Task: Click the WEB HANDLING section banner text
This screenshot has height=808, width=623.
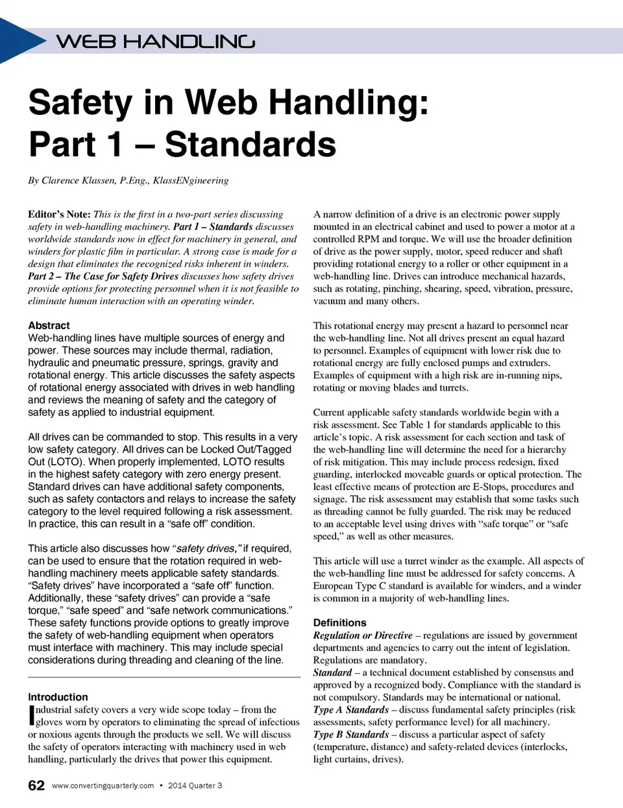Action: click(156, 42)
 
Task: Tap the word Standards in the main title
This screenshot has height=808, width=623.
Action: click(250, 144)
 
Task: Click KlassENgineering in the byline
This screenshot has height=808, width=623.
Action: click(191, 180)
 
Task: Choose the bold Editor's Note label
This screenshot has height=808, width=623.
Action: click(59, 214)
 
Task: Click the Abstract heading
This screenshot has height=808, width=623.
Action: click(49, 325)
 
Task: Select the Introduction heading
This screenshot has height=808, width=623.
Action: click(58, 696)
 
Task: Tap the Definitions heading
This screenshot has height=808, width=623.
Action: click(339, 622)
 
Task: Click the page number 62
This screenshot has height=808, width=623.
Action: click(36, 785)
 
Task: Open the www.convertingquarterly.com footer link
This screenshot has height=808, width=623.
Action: click(103, 785)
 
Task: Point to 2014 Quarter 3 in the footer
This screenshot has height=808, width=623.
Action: click(195, 785)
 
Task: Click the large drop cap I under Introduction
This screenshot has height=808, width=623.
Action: click(31, 715)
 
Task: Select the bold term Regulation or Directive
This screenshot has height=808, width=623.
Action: click(363, 635)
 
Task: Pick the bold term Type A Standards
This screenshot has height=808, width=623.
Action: click(351, 709)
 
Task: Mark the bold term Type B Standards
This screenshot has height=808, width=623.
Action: click(351, 734)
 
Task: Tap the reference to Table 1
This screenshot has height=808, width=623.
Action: click(411, 424)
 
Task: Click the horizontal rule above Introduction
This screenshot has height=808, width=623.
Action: click(164, 678)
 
